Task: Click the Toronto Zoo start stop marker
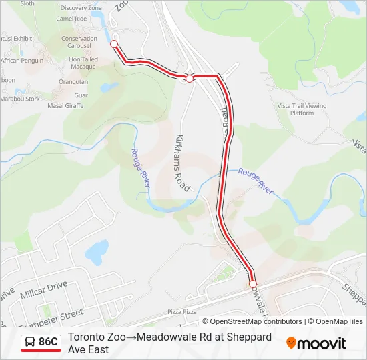click(113, 44)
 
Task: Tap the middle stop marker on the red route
click(190, 79)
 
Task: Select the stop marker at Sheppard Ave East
click(253, 285)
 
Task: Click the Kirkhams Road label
click(182, 163)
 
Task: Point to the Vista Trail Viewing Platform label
click(302, 109)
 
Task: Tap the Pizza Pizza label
click(182, 311)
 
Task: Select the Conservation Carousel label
click(79, 43)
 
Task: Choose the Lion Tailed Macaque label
click(83, 63)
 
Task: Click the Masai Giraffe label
click(65, 105)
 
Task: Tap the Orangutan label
click(73, 82)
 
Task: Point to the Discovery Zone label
click(81, 8)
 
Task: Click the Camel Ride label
click(72, 19)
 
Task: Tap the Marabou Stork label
click(20, 99)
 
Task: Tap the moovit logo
click(316, 343)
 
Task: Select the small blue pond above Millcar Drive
click(97, 251)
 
